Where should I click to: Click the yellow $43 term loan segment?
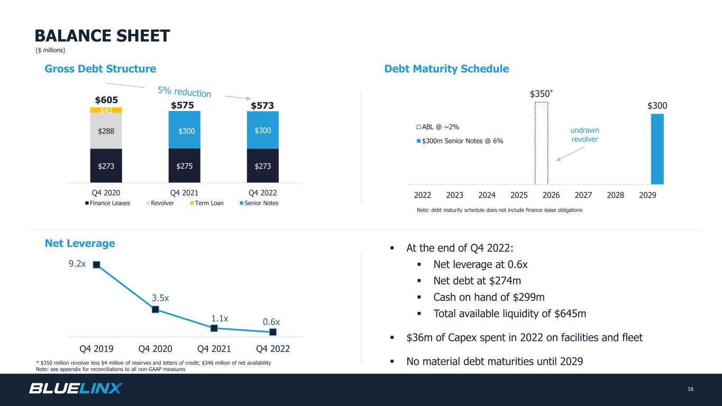106,110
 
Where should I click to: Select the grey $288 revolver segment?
106,131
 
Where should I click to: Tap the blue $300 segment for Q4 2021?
185,130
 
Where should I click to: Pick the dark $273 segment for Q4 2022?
263,165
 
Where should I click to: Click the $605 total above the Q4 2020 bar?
106,100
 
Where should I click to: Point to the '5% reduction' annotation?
185,92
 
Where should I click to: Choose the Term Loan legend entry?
207,203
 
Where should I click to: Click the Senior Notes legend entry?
259,203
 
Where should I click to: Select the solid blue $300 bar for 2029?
657,149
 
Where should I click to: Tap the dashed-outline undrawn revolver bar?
535,143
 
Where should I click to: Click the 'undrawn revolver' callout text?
584,135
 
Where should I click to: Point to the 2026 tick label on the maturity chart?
551,195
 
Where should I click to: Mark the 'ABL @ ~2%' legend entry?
437,127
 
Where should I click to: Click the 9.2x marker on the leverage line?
96,264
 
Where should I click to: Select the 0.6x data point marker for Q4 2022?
273,332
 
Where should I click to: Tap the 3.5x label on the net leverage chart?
160,298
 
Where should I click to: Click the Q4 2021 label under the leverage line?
214,349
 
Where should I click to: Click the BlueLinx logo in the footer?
76,388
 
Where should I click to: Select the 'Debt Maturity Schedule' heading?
446,69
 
